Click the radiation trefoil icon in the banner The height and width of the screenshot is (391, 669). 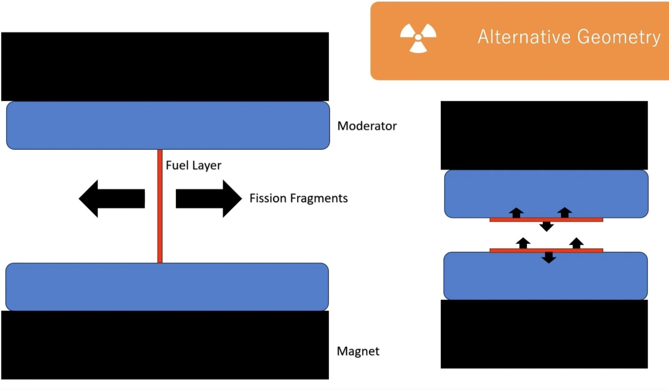418,38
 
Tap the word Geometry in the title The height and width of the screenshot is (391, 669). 619,37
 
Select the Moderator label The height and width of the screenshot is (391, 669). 367,126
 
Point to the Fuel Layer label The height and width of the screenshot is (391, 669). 193,165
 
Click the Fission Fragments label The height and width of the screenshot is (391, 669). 298,198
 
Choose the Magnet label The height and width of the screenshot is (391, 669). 358,351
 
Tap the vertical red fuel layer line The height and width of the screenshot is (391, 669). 160,206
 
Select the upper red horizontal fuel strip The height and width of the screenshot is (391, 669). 546,220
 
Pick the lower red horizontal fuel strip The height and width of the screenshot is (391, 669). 546,251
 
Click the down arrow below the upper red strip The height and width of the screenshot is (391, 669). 547,226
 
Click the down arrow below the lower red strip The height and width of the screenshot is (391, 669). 549,257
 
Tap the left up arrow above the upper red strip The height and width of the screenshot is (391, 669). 516,213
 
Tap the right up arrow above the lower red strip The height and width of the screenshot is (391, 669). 576,243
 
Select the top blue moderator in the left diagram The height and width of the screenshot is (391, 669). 168,125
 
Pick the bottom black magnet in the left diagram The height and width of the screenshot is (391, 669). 165,345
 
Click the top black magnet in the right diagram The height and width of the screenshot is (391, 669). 544,135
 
